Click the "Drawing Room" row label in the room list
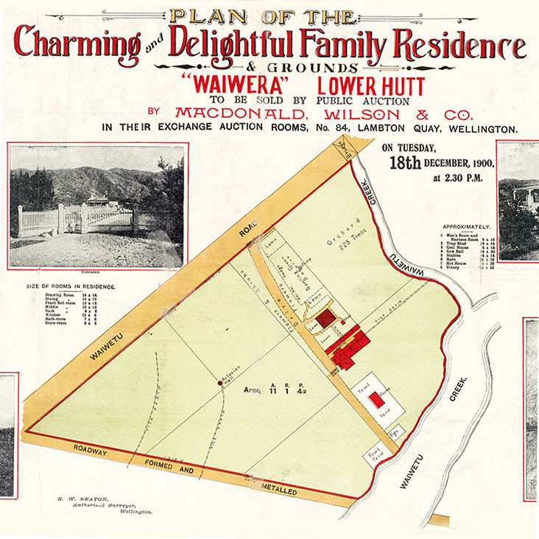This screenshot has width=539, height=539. (61, 294)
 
